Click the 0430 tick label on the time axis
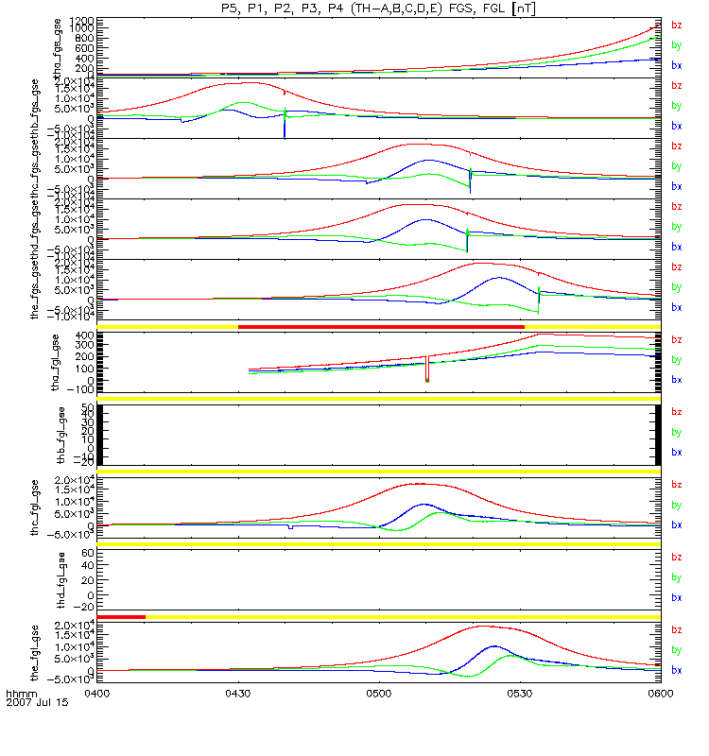tap(237, 692)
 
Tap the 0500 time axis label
tap(378, 692)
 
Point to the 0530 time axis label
tap(519, 692)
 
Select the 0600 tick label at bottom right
tap(659, 692)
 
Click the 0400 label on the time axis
tap(98, 692)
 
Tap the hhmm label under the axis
tap(20, 694)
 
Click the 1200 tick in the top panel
tap(80, 20)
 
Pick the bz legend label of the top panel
tap(676, 26)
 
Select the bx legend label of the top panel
tap(676, 65)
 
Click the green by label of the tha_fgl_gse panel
tap(676, 359)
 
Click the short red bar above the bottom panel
tap(121, 617)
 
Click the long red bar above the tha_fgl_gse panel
tap(381, 326)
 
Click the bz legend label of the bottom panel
tap(676, 629)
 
